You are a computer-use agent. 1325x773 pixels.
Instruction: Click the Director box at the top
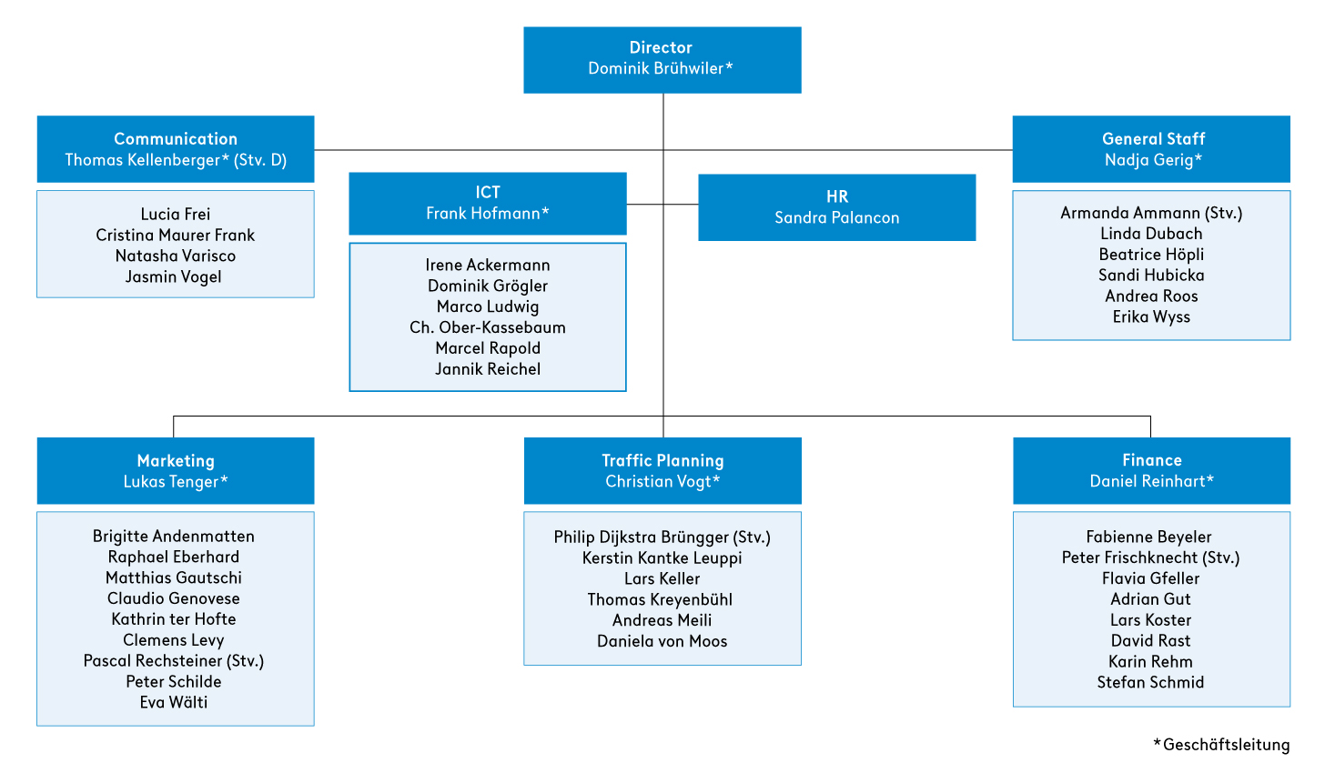tap(662, 60)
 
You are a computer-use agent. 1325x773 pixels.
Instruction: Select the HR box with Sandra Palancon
tap(837, 207)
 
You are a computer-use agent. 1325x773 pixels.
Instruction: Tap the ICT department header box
tap(488, 204)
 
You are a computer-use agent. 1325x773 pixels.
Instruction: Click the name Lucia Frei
tap(175, 214)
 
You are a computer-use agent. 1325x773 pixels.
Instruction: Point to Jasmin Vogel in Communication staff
tap(173, 276)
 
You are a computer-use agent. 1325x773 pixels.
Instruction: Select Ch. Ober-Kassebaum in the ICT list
tap(488, 327)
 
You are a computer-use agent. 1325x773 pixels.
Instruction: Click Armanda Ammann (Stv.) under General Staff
tap(1151, 213)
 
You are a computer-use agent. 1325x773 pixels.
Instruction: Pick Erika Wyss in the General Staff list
tap(1151, 316)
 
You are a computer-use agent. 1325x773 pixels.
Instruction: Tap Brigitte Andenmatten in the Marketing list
tap(173, 536)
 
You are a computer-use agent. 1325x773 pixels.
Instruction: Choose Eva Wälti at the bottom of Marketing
tap(173, 702)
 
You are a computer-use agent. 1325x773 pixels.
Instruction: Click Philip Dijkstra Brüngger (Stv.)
tap(662, 537)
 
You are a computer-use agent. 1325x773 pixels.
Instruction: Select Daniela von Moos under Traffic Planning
tap(662, 641)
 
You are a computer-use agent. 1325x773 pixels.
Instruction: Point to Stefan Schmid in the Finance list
tap(1150, 682)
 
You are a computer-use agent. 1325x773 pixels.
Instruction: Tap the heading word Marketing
tap(176, 461)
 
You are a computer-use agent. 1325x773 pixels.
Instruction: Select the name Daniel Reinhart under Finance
tap(1148, 481)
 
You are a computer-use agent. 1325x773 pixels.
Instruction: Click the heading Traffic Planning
tap(662, 461)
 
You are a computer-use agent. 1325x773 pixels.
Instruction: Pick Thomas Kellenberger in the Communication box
tap(143, 160)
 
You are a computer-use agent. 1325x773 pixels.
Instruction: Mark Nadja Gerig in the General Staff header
tap(1148, 160)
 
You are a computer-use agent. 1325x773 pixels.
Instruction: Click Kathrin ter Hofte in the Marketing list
tap(173, 618)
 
